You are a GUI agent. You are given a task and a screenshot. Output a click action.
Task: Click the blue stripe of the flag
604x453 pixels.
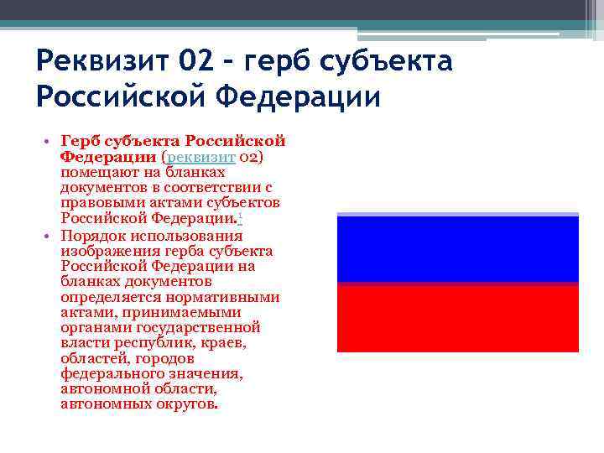[x=457, y=249]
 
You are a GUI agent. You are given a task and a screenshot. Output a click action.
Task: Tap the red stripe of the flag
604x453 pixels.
[x=457, y=317]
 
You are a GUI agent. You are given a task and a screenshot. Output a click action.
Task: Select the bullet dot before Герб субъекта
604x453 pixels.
[x=50, y=142]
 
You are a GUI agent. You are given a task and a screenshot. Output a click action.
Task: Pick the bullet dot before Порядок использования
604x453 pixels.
[x=50, y=236]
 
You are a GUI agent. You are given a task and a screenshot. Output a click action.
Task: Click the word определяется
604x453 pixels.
[x=104, y=297]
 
